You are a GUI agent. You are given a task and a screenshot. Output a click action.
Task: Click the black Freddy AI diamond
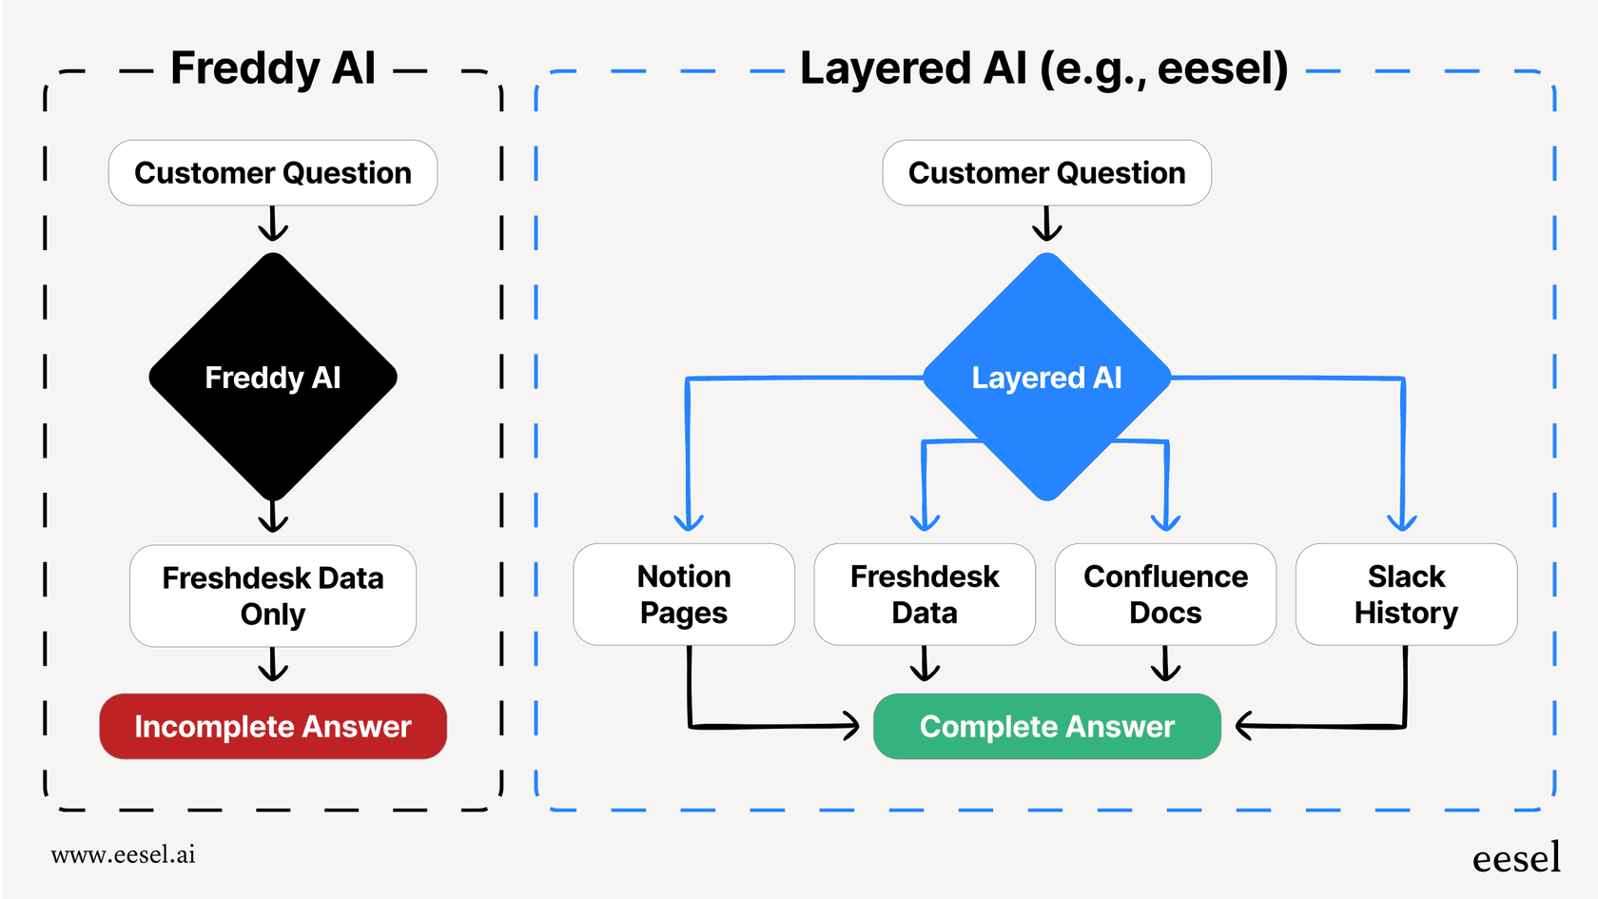(x=273, y=377)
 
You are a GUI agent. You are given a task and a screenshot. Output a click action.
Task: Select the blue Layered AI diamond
(x=1046, y=377)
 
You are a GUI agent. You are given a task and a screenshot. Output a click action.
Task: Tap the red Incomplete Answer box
(x=273, y=727)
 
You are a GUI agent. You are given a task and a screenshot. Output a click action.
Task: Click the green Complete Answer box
(x=1046, y=727)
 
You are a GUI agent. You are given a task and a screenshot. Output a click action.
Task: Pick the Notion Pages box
(x=684, y=595)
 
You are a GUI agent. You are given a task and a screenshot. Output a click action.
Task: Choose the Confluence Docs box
(x=1165, y=595)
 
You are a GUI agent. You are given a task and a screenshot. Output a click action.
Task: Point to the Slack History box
(x=1406, y=595)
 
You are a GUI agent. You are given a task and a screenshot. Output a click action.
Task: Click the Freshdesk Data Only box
(x=273, y=596)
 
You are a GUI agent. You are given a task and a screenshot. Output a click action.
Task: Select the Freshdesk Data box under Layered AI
(x=925, y=595)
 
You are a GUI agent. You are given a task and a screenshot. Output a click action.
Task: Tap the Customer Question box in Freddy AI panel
(x=273, y=173)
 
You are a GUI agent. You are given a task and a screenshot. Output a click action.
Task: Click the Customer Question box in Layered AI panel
(x=1046, y=173)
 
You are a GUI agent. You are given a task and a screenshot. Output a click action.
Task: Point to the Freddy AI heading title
(x=273, y=68)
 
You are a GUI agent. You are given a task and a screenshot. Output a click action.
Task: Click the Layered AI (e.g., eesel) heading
(x=1043, y=68)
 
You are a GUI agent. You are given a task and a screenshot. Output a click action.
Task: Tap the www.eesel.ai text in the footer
(x=124, y=854)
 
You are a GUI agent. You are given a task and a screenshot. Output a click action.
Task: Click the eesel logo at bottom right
(x=1516, y=858)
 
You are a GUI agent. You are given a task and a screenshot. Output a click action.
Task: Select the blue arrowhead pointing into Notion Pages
(x=688, y=522)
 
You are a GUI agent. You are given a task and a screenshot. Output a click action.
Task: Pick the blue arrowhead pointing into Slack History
(x=1402, y=522)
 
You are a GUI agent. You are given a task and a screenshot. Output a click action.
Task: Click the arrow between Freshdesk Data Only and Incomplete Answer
(x=273, y=666)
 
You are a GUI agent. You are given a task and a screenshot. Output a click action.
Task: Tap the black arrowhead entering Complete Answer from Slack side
(x=1244, y=727)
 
